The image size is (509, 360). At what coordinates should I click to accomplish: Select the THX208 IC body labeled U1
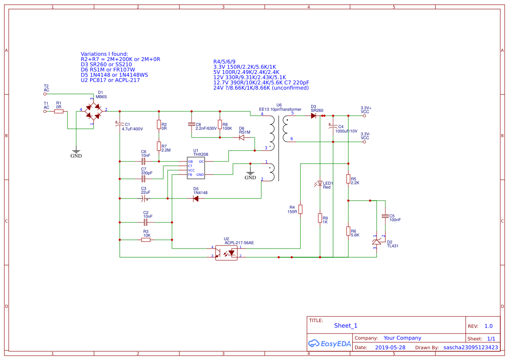pos(196,168)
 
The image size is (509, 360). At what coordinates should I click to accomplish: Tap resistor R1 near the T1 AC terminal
pos(59,111)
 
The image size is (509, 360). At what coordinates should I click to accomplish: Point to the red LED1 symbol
pos(320,183)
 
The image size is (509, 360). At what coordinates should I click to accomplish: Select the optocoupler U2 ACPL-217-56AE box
pos(226,252)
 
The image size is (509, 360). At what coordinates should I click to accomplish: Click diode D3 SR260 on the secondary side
pos(313,116)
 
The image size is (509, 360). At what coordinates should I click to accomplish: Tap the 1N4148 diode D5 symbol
pos(196,199)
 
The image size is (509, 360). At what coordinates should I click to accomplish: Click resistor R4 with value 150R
pos(300,209)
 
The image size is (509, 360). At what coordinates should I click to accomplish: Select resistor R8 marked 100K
pos(220,124)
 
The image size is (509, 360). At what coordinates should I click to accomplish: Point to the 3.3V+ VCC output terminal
pos(365,116)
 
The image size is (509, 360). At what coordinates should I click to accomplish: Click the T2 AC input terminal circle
pos(45,94)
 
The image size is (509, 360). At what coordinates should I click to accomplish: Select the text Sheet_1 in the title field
pos(346,326)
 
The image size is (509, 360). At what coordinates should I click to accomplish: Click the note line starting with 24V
pos(261,87)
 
